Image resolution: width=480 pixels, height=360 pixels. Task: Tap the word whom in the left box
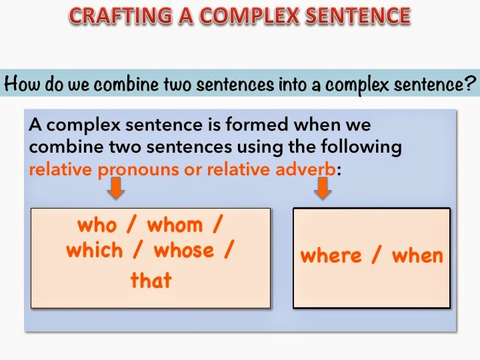pos(175,225)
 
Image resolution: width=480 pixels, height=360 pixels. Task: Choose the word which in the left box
pos(94,251)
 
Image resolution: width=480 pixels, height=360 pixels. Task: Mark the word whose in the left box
pos(185,251)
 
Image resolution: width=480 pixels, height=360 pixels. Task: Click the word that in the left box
pos(151,280)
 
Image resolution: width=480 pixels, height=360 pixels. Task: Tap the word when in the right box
pos(417,255)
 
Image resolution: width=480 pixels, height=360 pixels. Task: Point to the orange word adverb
pos(305,168)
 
